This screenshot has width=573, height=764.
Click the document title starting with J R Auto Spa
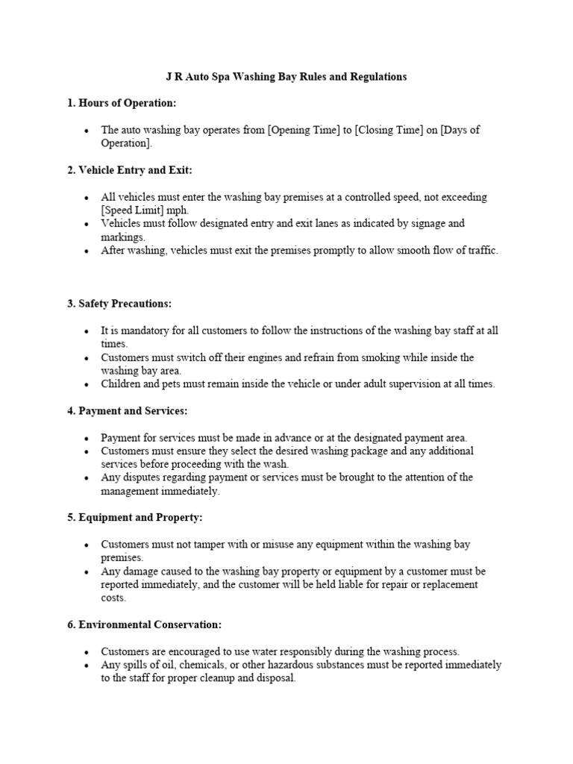tap(286, 77)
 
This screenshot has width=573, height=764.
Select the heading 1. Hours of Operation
tap(122, 103)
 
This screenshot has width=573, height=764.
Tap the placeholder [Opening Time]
tap(300, 130)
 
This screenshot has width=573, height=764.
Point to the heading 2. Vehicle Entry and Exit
tap(130, 170)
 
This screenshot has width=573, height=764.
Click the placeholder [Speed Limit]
tap(131, 210)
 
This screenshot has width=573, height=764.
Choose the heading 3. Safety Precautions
tap(119, 304)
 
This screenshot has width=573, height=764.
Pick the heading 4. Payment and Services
tap(128, 410)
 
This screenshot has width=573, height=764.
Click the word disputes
tap(142, 477)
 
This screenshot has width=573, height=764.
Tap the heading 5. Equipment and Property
tap(135, 517)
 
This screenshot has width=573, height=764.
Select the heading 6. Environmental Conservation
tap(145, 624)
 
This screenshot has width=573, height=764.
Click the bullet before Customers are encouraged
tap(87, 652)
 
